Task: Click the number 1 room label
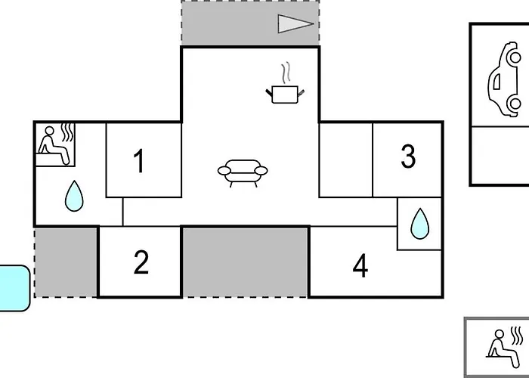pyautogui.click(x=139, y=160)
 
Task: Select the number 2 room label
pyautogui.click(x=141, y=262)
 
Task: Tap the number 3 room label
pyautogui.click(x=408, y=156)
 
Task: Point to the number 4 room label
pyautogui.click(x=360, y=265)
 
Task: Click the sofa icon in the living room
pyautogui.click(x=243, y=173)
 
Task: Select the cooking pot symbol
pyautogui.click(x=285, y=94)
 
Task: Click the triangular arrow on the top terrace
pyautogui.click(x=295, y=24)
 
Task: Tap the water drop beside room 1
pyautogui.click(x=74, y=196)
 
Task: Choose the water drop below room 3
pyautogui.click(x=420, y=224)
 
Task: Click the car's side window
pyautogui.click(x=497, y=82)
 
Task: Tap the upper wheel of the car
pyautogui.click(x=515, y=57)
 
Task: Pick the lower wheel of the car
pyautogui.click(x=515, y=104)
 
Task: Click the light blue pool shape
pyautogui.click(x=14, y=288)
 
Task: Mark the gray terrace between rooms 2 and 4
pyautogui.click(x=246, y=262)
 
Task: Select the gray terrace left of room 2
pyautogui.click(x=66, y=262)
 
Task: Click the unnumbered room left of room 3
pyautogui.click(x=346, y=160)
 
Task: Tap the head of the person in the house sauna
pyautogui.click(x=49, y=131)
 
